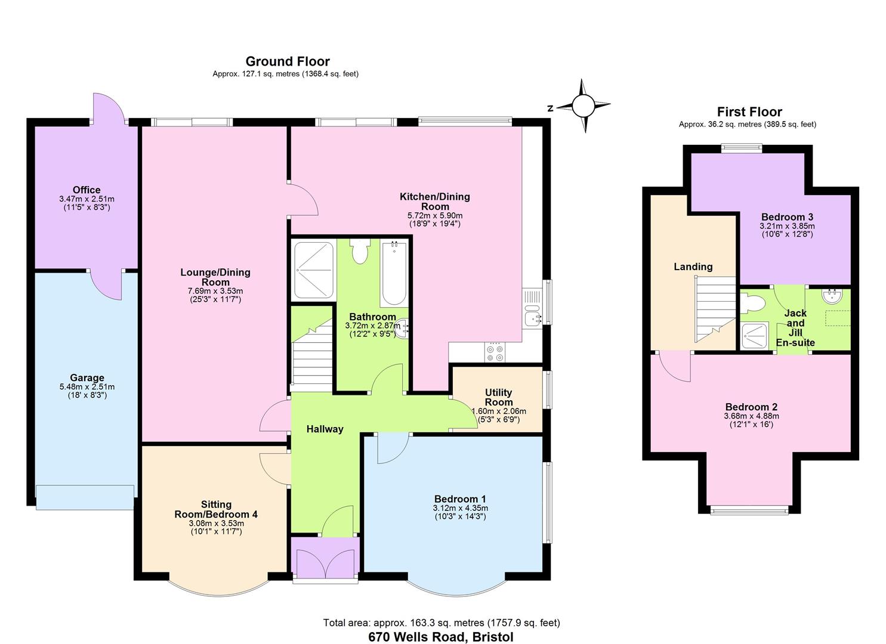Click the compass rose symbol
click(x=584, y=106)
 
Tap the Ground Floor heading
click(x=288, y=61)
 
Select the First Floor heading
click(x=749, y=112)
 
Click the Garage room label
click(x=87, y=377)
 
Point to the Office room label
click(x=87, y=190)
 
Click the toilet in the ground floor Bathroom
click(x=360, y=251)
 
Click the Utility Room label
click(x=498, y=397)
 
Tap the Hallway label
click(x=325, y=429)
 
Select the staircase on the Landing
click(x=715, y=311)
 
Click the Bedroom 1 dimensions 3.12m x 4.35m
click(x=460, y=508)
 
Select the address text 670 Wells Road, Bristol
click(x=441, y=636)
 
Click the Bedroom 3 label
click(x=787, y=217)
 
